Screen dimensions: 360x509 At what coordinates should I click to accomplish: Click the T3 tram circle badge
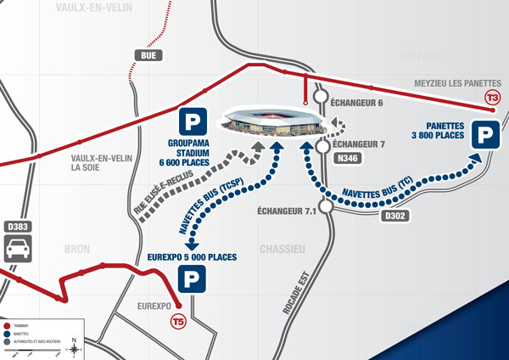click(x=492, y=98)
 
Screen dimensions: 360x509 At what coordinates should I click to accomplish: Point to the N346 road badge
click(x=346, y=158)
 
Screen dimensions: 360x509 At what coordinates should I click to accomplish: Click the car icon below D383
click(x=20, y=250)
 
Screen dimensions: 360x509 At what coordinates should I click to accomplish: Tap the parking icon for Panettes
click(x=484, y=135)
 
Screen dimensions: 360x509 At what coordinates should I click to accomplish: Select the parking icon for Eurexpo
click(x=190, y=278)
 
